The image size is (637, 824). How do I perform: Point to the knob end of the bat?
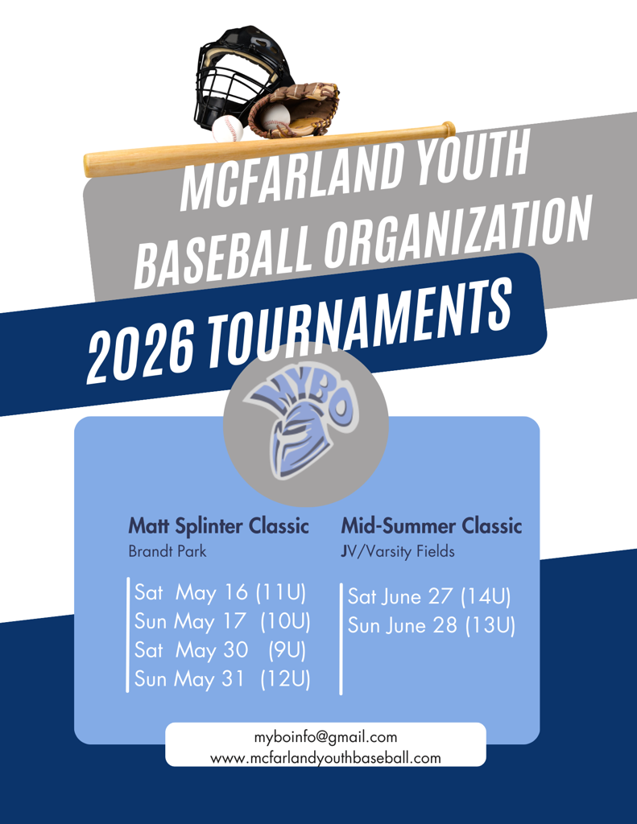click(x=449, y=128)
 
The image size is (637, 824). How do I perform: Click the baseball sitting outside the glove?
click(x=228, y=130)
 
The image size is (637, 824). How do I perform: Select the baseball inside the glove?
click(x=275, y=117)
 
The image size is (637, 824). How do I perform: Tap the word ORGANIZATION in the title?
click(x=457, y=231)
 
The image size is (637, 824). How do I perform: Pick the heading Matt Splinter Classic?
click(x=219, y=526)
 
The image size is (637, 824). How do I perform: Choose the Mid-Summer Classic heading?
click(x=432, y=525)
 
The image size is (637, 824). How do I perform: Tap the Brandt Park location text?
click(x=168, y=551)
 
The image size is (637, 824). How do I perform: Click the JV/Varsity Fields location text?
click(x=398, y=551)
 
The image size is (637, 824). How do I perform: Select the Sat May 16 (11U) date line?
click(x=220, y=593)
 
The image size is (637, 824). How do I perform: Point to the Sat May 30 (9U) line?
click(x=220, y=650)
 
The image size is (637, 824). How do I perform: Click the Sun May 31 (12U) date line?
click(x=222, y=679)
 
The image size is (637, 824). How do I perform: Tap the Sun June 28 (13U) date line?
click(x=432, y=625)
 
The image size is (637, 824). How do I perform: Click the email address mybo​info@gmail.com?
click(x=325, y=737)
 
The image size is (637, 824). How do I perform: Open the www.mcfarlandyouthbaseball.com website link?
click(x=325, y=758)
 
